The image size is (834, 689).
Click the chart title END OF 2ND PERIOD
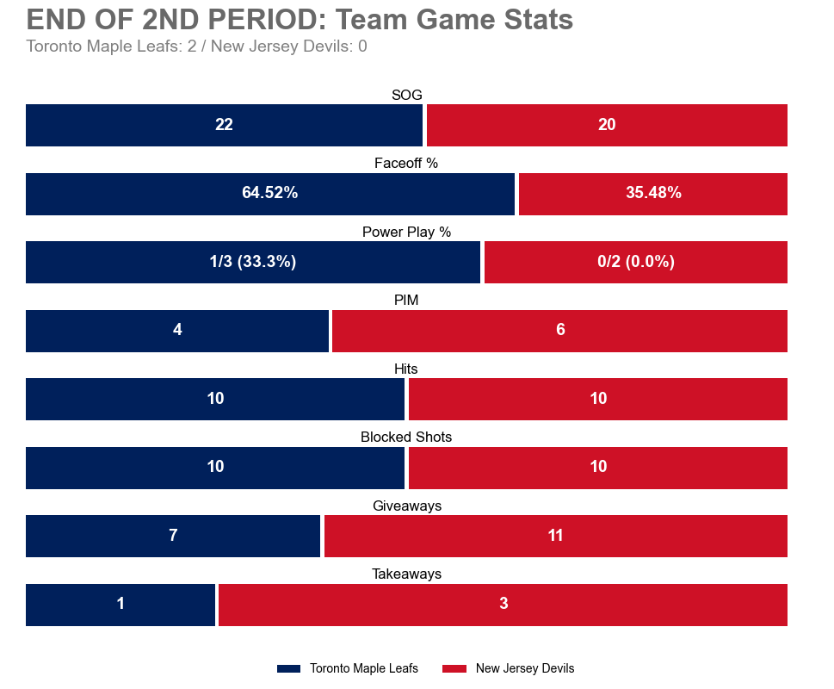click(300, 20)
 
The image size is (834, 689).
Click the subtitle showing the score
click(196, 47)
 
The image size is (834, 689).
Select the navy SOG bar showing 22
click(224, 125)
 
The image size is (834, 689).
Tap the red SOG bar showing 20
click(607, 125)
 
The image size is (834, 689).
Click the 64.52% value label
click(269, 194)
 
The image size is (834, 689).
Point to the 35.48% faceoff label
click(653, 194)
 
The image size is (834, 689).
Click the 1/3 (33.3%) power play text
click(252, 262)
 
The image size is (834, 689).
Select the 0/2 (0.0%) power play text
click(635, 262)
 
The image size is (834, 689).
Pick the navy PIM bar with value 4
click(177, 331)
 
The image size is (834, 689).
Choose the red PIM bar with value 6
click(560, 331)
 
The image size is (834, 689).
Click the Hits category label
click(406, 369)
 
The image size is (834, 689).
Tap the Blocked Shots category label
click(406, 438)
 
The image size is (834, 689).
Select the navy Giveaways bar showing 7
click(173, 536)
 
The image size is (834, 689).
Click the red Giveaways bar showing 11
click(555, 536)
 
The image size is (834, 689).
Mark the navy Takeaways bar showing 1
click(120, 605)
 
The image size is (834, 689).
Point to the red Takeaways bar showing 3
click(503, 605)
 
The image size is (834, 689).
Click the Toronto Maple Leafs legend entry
click(349, 669)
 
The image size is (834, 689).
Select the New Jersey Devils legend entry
click(509, 669)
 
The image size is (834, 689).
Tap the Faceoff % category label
click(406, 164)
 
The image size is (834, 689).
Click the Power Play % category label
click(406, 232)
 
